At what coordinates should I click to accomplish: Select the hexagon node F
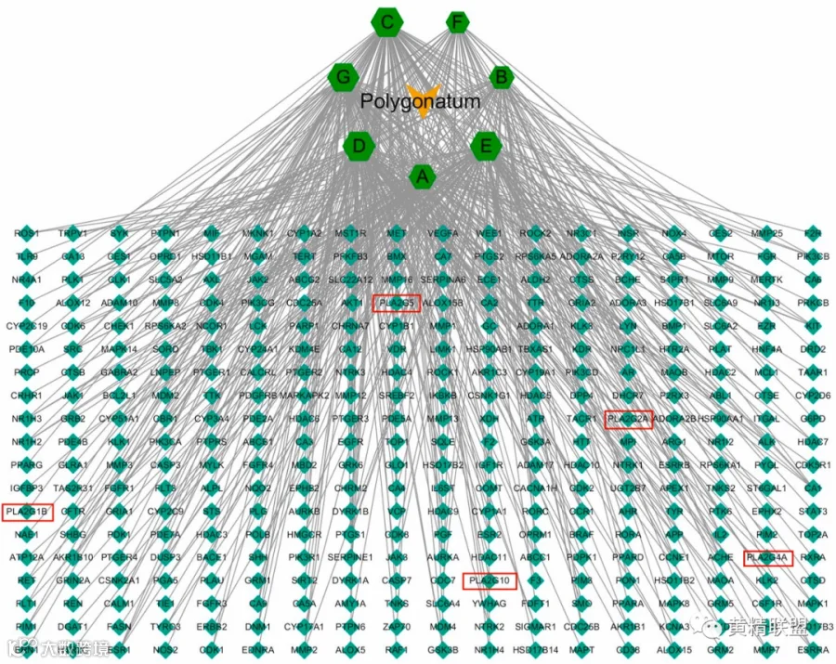[456, 21]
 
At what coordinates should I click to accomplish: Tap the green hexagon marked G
[344, 77]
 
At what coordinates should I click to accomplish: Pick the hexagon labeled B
[502, 77]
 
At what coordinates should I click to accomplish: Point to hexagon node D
[359, 146]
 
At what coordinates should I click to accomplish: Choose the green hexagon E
[485, 146]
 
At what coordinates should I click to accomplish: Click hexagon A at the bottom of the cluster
[423, 176]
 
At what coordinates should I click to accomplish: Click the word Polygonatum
[421, 102]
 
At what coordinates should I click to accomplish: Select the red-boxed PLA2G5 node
[397, 303]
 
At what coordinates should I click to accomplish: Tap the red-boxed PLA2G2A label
[629, 419]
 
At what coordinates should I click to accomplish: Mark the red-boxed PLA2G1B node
[27, 512]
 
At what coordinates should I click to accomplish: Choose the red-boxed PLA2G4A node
[767, 558]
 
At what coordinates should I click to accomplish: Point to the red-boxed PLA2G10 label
[489, 581]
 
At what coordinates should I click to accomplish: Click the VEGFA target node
[443, 233]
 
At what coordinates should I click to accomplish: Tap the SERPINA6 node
[443, 280]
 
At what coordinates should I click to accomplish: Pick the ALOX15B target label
[443, 303]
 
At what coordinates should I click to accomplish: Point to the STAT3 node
[814, 512]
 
